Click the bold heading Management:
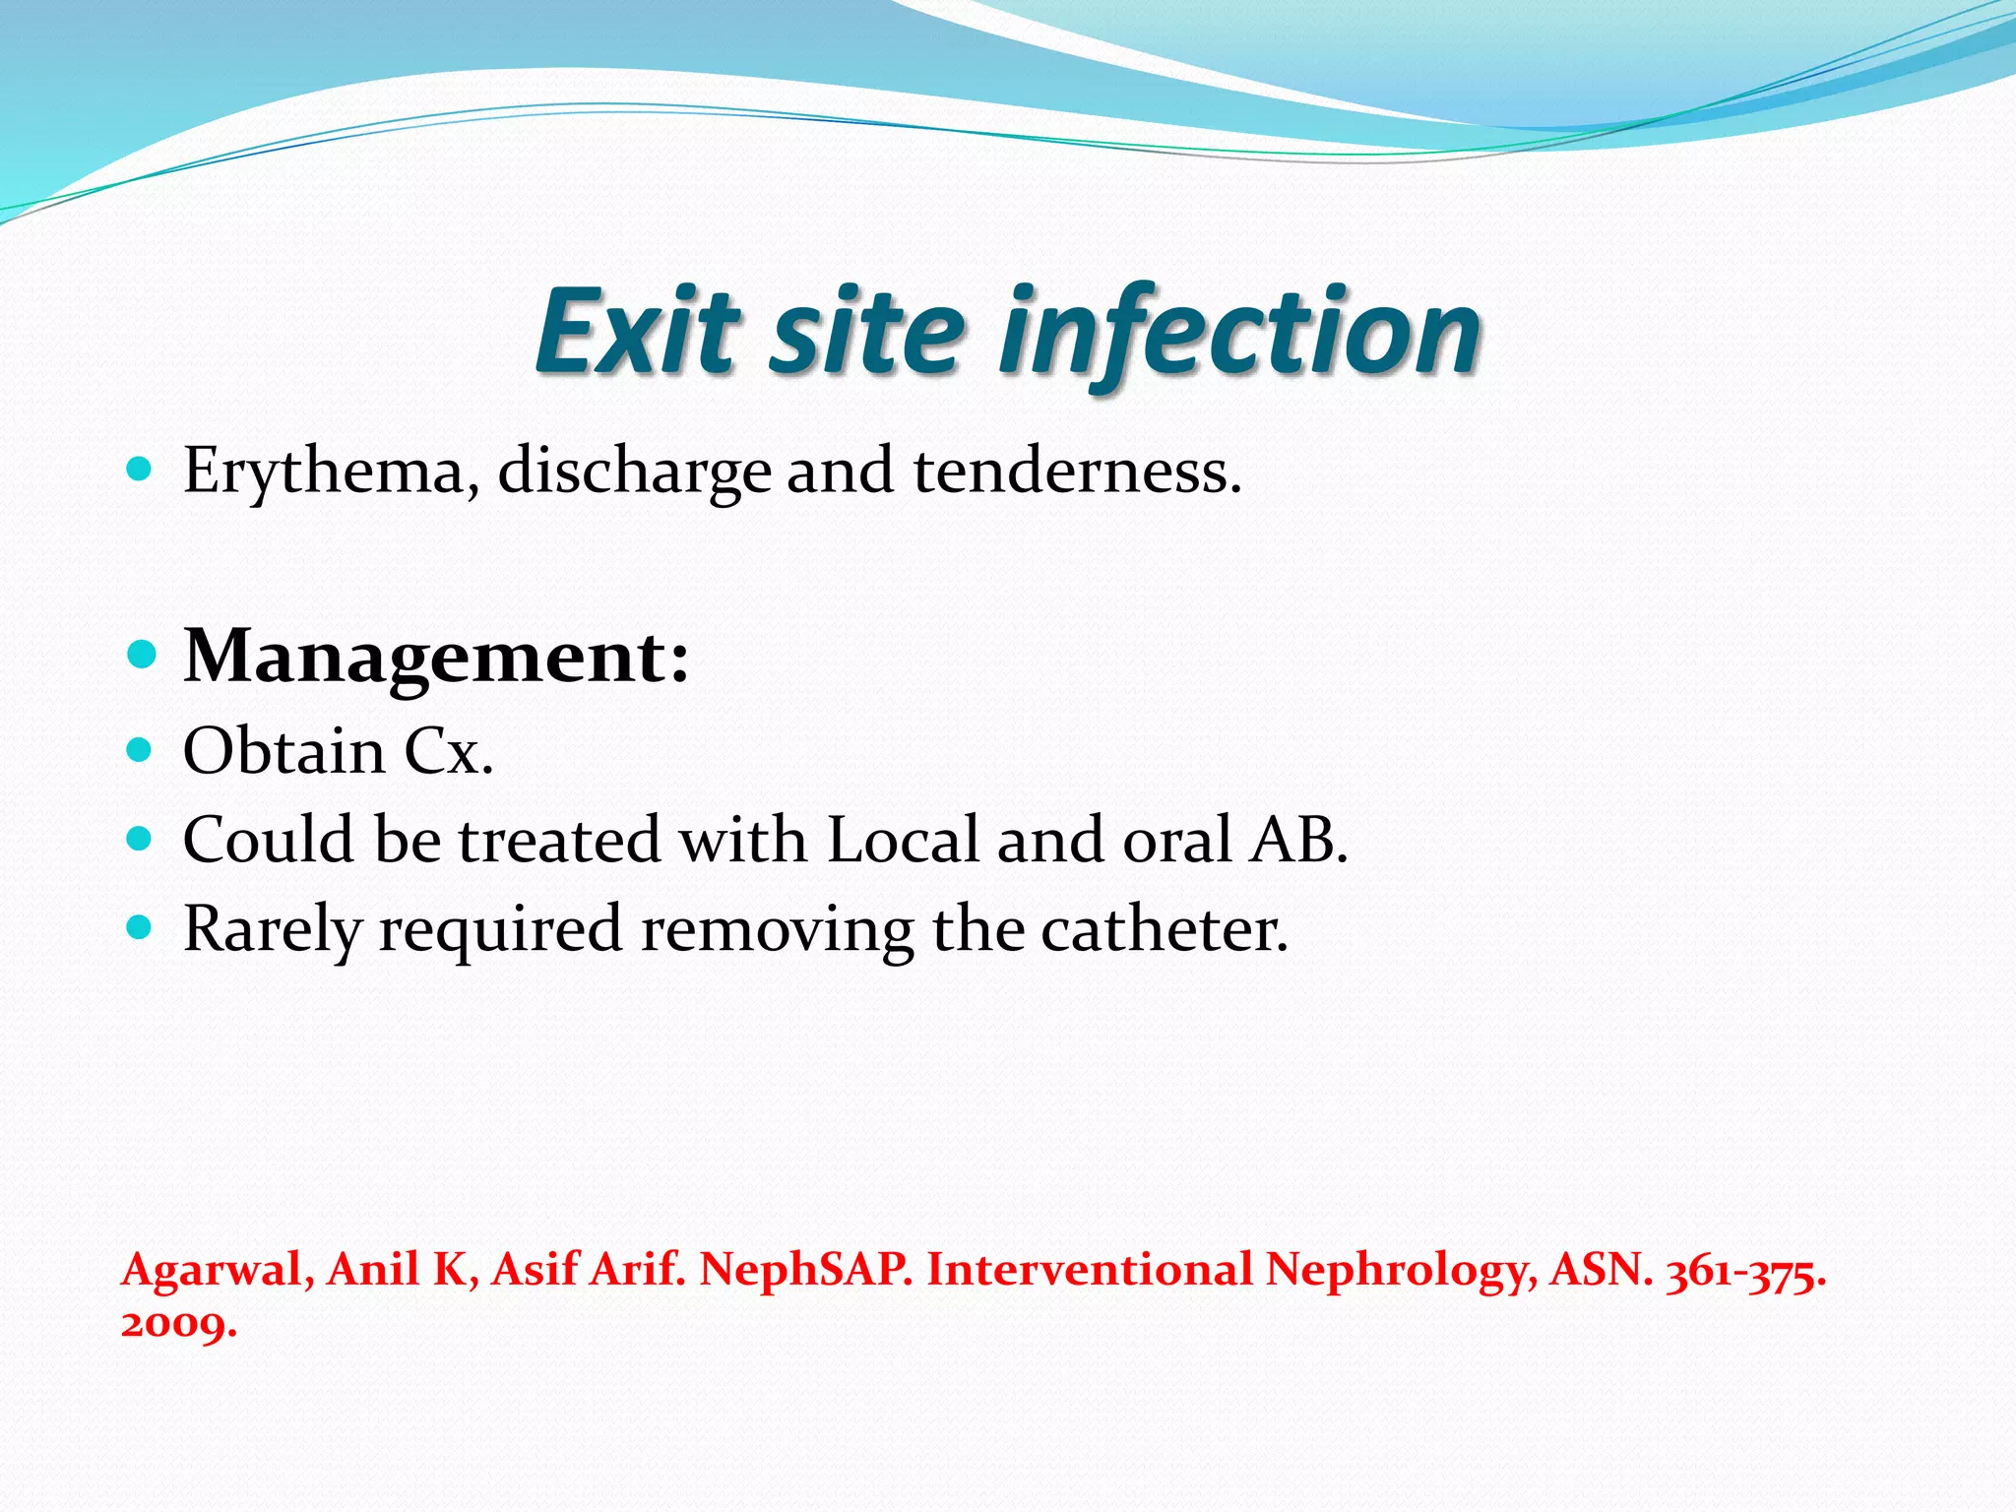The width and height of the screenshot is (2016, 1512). coord(437,657)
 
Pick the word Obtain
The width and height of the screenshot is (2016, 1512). coord(284,752)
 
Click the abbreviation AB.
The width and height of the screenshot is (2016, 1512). coord(1298,841)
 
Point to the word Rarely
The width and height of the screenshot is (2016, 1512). coord(273,929)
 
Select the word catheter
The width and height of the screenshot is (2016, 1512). coord(1165,929)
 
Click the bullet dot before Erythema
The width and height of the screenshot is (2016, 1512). coord(141,470)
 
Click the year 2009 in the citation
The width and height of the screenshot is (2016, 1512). coord(178,1324)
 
